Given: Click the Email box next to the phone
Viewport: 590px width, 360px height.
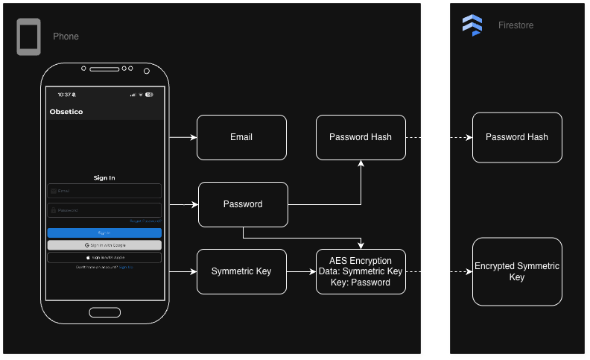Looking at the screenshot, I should click(241, 137).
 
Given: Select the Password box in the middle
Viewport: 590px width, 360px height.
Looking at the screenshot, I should click(243, 204).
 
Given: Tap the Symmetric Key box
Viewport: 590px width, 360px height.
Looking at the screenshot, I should click(241, 271).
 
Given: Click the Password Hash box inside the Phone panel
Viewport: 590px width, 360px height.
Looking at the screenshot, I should click(361, 137).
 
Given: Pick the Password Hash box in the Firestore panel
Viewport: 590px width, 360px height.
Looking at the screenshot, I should click(516, 137).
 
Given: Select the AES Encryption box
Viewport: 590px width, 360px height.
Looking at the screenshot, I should click(361, 271).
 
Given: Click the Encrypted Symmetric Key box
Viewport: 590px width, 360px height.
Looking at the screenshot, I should click(516, 271).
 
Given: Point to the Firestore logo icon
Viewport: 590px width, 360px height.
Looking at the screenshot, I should click(472, 25).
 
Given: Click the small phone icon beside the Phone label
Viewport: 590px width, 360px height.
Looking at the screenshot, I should click(28, 37).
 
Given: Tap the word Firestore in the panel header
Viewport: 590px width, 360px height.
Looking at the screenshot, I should click(516, 25).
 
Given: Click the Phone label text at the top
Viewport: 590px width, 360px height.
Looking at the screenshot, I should click(66, 37).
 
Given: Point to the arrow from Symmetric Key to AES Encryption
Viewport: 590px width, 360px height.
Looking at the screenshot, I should click(301, 272).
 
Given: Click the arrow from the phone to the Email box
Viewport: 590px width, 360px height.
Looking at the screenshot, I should click(183, 138).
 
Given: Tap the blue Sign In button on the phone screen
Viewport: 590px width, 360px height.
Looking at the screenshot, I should click(104, 233).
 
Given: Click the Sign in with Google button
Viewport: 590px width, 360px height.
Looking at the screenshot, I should click(104, 244).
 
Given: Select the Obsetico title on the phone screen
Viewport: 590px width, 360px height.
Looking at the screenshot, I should click(66, 112).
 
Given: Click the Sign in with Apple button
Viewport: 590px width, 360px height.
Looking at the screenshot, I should click(104, 257).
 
